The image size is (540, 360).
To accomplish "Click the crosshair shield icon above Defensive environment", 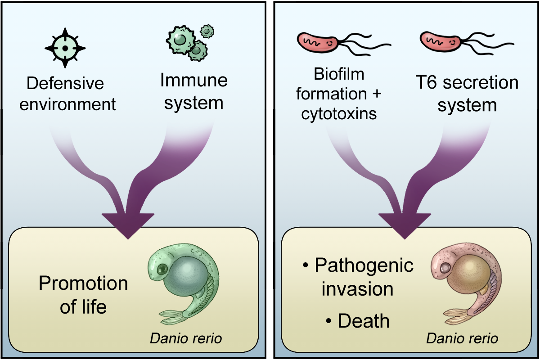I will click(65, 48).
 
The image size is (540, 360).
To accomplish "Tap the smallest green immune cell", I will click(207, 31).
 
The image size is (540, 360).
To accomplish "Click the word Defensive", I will click(65, 84).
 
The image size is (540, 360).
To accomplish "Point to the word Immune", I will click(193, 81).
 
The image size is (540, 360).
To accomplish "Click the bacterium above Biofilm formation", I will click(317, 42).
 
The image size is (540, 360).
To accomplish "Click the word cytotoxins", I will click(339, 113).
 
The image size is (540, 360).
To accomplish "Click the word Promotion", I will click(83, 283).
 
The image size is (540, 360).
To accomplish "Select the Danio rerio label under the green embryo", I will click(186, 338).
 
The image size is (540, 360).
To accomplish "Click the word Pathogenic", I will click(364, 265).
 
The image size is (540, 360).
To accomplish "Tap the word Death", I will click(363, 321).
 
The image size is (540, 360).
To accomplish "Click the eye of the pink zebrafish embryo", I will click(445, 270).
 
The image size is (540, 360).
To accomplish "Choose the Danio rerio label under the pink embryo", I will click(462, 338).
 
